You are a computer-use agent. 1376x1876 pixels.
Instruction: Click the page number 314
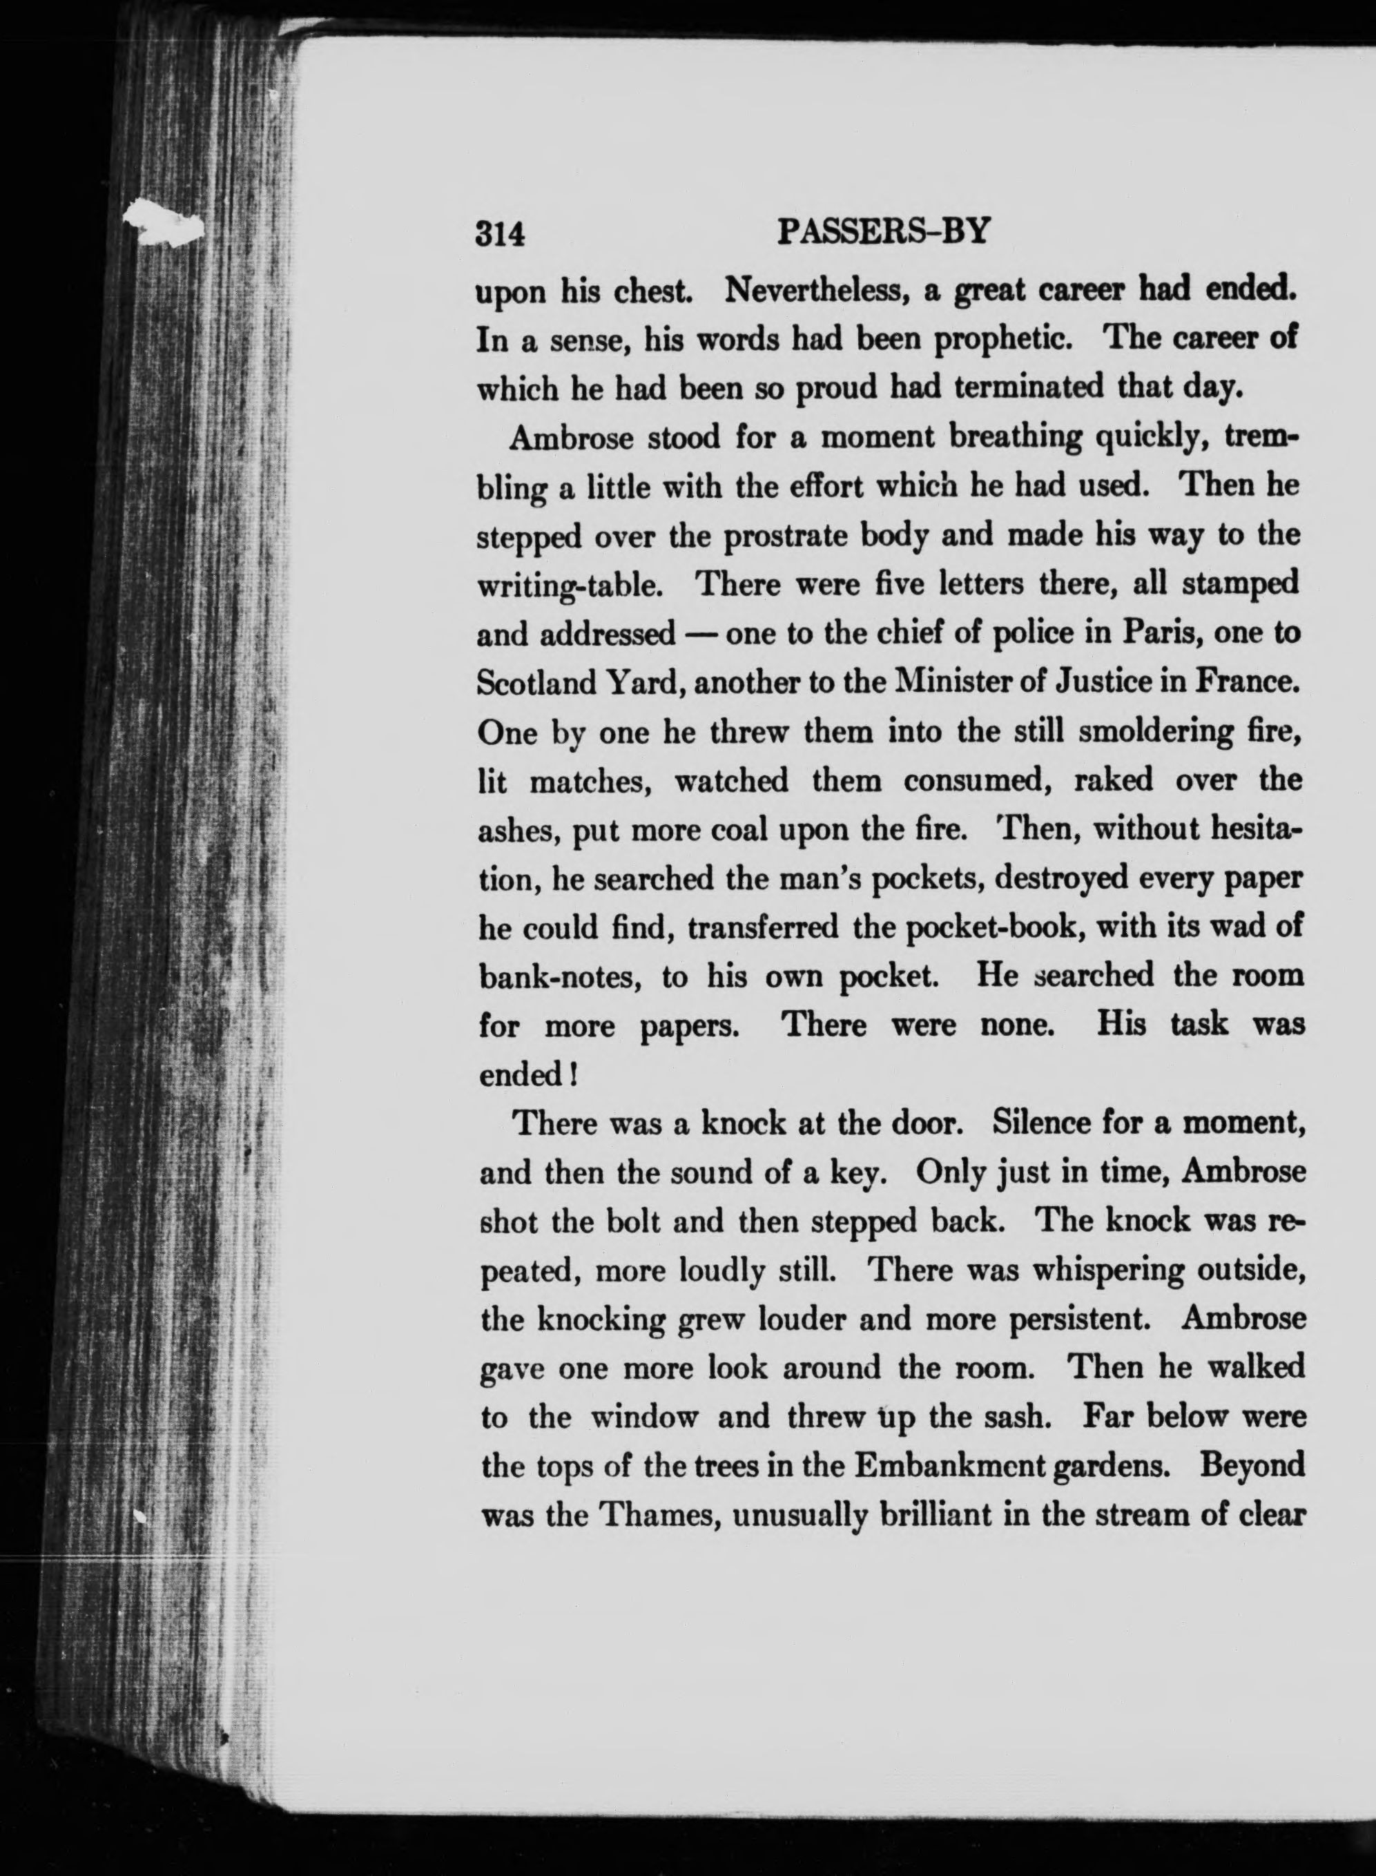500,234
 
